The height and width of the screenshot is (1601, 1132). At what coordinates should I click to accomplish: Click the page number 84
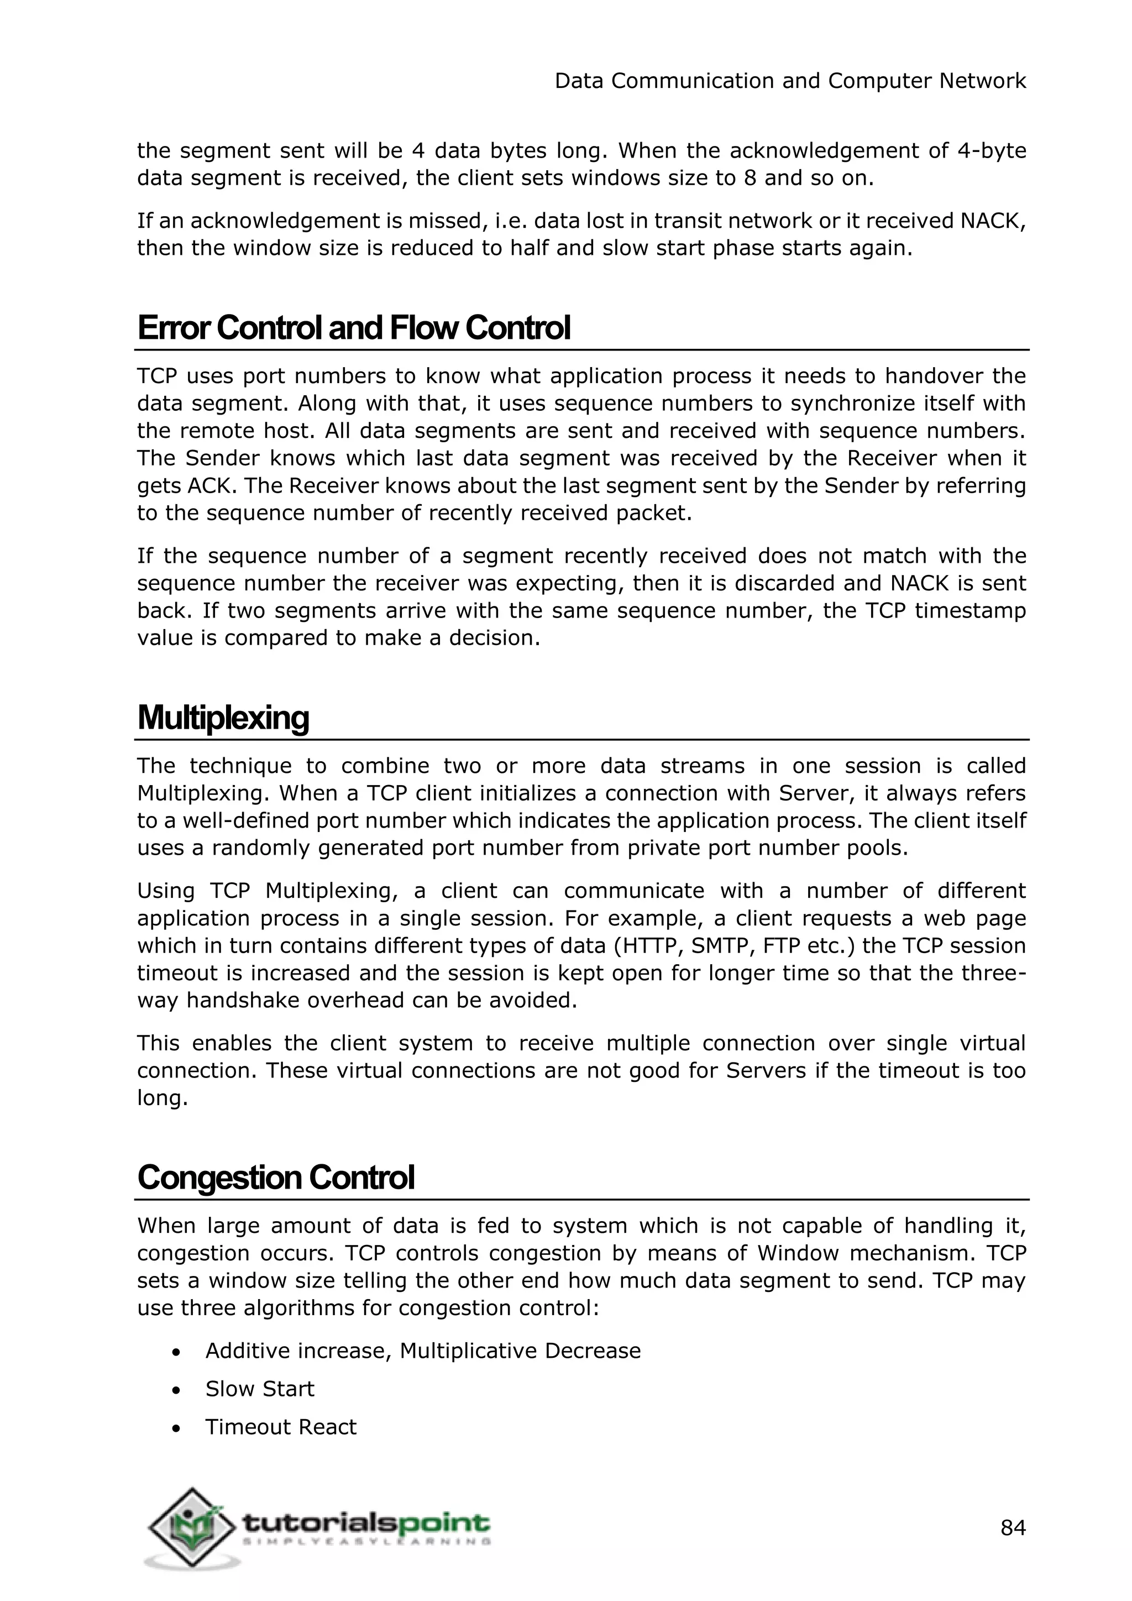(x=1013, y=1528)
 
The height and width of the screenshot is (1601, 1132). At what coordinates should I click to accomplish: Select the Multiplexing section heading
(x=223, y=718)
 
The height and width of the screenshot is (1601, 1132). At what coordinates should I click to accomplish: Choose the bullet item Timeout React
(x=280, y=1427)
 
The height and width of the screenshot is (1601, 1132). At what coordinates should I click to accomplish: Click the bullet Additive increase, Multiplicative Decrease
(x=422, y=1351)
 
